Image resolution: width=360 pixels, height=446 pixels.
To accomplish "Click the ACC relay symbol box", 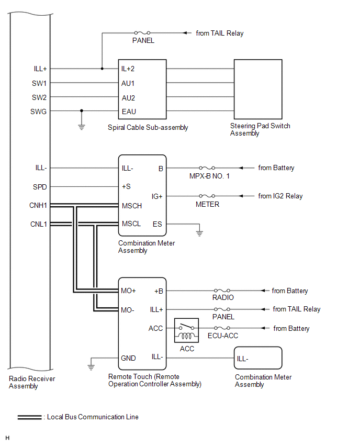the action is [186, 330].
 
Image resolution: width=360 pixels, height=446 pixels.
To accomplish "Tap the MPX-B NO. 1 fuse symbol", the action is [207, 168].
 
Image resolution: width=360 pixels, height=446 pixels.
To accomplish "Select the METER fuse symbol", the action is [207, 196].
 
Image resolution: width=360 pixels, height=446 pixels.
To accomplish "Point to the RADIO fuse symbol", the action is [222, 291].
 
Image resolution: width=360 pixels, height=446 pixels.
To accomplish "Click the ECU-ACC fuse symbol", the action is [222, 328].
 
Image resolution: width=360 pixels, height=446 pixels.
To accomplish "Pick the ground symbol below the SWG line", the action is [82, 127].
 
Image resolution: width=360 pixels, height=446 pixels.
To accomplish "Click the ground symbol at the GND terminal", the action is [91, 367].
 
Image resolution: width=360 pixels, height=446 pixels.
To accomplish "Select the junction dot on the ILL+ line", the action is [102, 69].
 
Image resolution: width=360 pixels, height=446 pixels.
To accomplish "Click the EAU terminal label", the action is [129, 111].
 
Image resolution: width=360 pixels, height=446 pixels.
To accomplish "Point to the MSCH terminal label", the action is [132, 206].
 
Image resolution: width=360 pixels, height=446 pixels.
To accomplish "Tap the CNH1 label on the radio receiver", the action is [38, 205].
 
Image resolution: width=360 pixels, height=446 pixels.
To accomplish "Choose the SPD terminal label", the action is [40, 187].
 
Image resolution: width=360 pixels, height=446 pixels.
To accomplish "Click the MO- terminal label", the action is [127, 310].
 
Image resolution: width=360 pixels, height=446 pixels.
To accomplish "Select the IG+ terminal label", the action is [157, 196].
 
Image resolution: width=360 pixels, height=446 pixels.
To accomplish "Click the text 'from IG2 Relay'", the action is [280, 196].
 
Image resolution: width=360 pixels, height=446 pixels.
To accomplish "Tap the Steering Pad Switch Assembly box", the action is [258, 90].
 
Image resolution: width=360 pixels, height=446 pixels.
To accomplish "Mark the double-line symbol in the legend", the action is [30, 417].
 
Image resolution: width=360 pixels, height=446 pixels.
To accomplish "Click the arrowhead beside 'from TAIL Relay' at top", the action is [185, 33].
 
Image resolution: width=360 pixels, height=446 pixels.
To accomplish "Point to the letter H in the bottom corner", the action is [7, 438].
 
